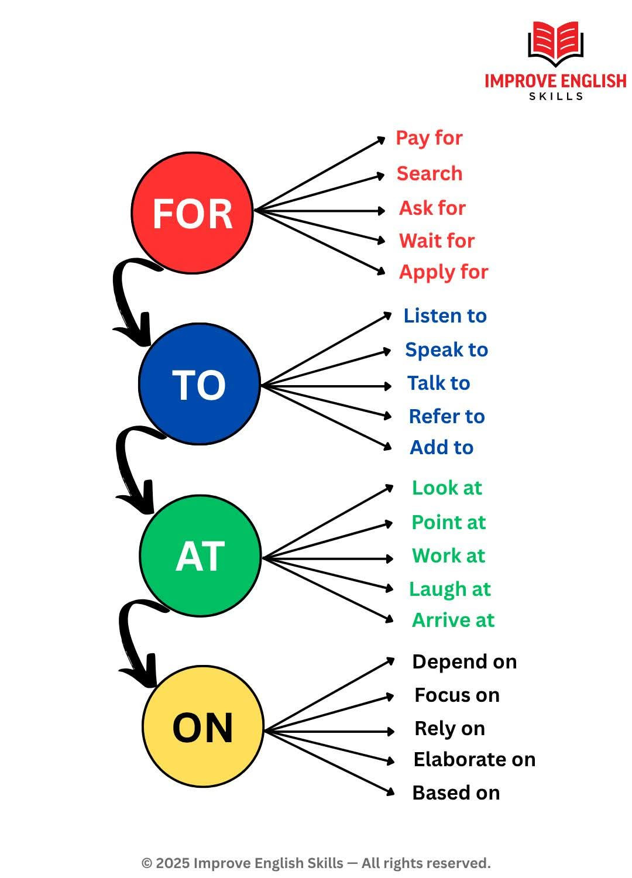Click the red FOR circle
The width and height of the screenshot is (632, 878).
(x=192, y=212)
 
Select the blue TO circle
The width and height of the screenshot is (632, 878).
(x=199, y=384)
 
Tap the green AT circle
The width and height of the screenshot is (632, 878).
(x=200, y=555)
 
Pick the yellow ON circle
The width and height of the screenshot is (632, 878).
(x=203, y=726)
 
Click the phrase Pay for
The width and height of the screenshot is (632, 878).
(x=429, y=138)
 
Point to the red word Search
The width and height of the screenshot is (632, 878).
(x=430, y=173)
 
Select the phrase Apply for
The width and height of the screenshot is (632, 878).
(x=444, y=272)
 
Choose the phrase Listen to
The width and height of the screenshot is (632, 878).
(x=445, y=316)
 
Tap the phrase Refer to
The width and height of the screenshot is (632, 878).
(x=446, y=416)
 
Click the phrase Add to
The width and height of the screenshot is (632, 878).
(x=441, y=448)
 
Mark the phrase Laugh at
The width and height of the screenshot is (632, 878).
(x=449, y=589)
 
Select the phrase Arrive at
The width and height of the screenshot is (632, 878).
(x=453, y=620)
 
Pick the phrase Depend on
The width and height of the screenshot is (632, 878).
(x=465, y=662)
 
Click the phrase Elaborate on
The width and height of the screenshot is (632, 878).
(x=475, y=760)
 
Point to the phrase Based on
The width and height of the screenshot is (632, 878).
(x=456, y=793)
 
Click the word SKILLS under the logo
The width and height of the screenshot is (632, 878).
(x=556, y=96)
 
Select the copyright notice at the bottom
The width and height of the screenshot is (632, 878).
(x=316, y=863)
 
